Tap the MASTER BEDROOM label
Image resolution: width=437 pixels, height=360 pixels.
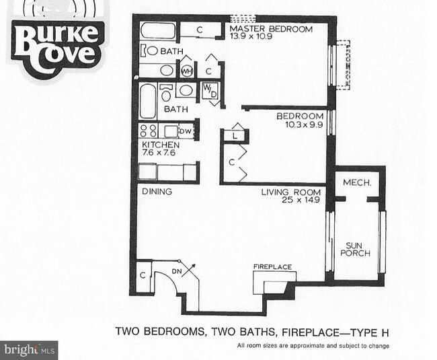(271, 29)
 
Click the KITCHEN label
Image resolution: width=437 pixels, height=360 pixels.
(160, 145)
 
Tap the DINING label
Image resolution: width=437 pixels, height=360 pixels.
(157, 192)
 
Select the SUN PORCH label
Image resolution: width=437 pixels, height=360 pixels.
(358, 248)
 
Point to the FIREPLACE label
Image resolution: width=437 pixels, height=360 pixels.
(272, 267)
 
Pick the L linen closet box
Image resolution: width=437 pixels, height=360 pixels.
(235, 135)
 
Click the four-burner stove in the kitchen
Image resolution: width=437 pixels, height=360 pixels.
(149, 131)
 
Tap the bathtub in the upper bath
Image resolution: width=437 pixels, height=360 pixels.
(159, 31)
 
